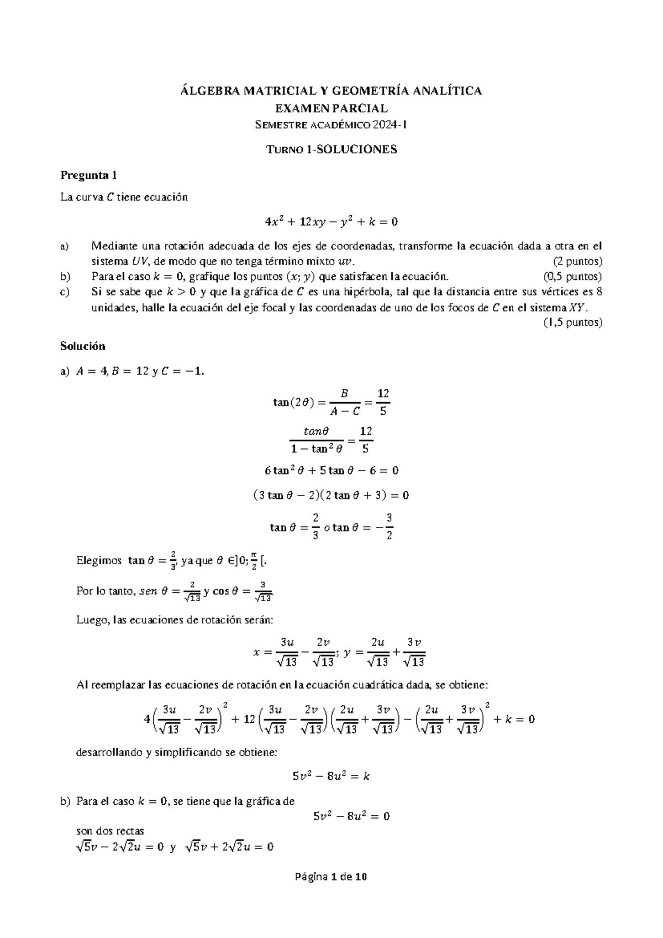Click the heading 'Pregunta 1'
tap(88, 176)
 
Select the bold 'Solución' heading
tap(82, 346)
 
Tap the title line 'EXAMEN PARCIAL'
tap(331, 108)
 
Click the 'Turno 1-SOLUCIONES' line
tap(331, 149)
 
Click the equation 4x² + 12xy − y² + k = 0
tap(331, 222)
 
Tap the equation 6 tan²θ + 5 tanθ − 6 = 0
tap(331, 471)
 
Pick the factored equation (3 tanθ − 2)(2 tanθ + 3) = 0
tap(331, 496)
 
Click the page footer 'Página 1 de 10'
tap(331, 877)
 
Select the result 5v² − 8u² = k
tap(331, 776)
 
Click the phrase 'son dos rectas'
tap(110, 831)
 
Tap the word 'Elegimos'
tap(99, 561)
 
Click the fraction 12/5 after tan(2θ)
tap(383, 402)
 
